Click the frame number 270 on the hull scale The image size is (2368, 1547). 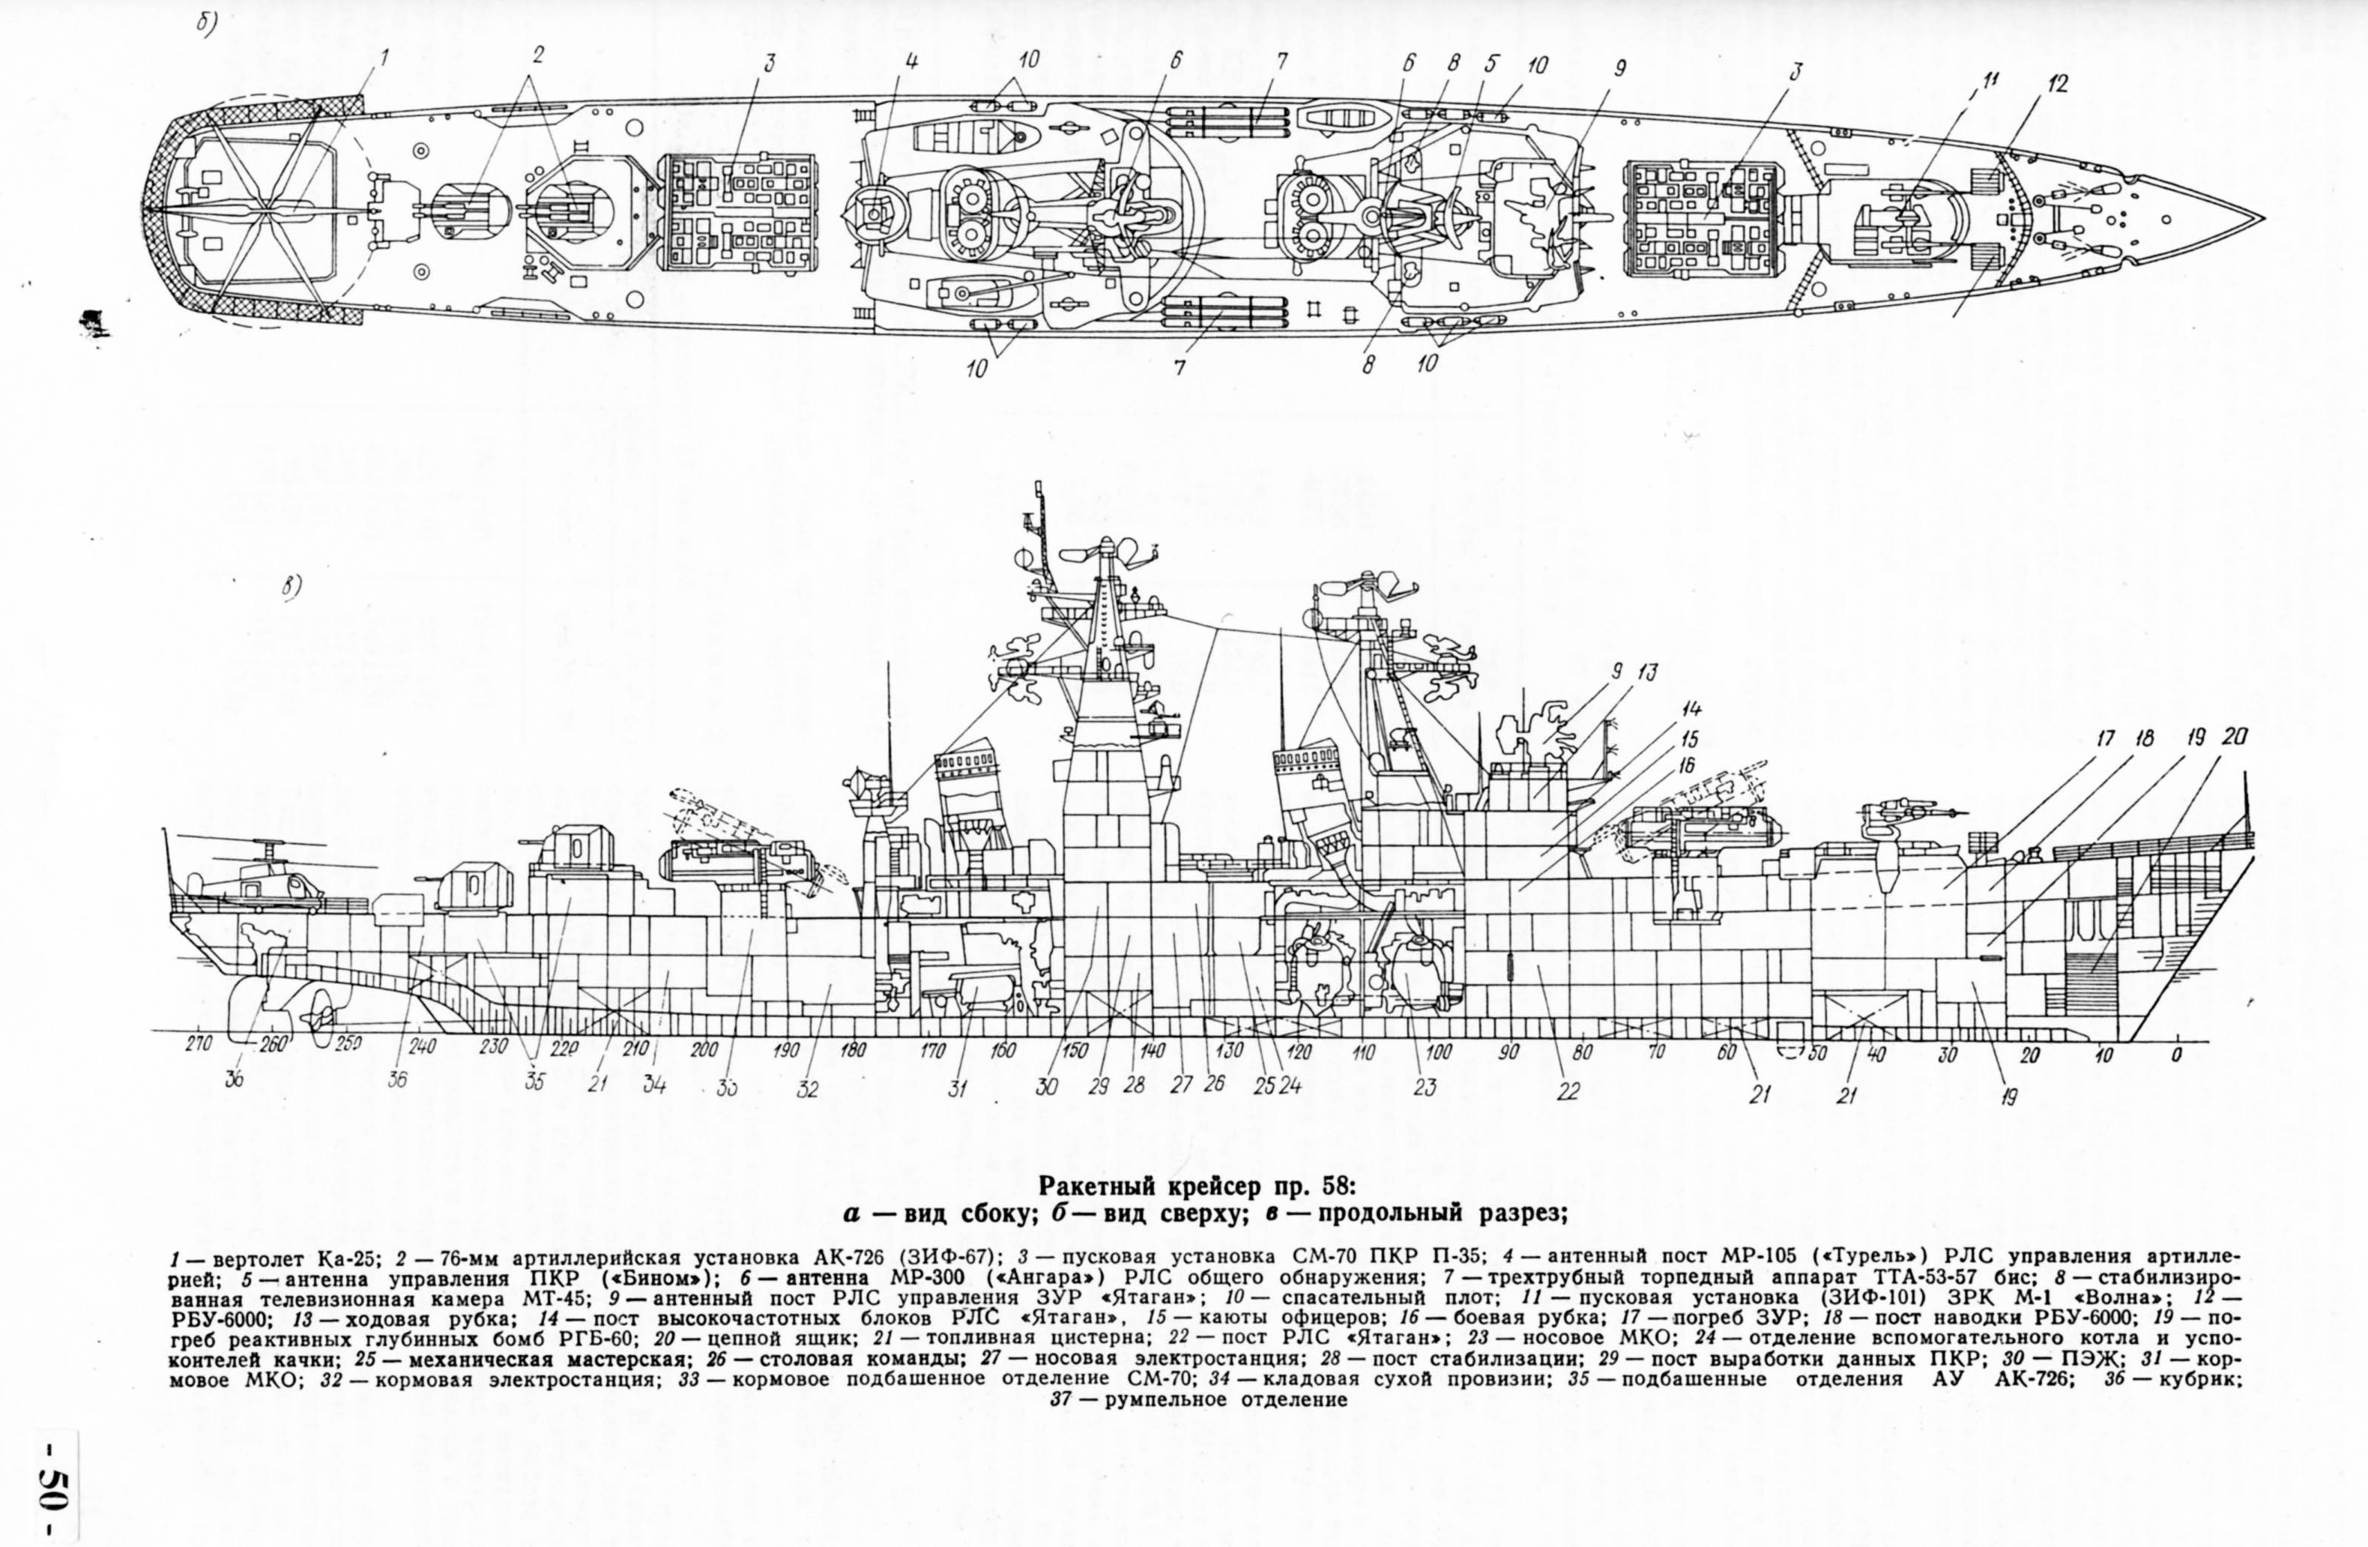[199, 1046]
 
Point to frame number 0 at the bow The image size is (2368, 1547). [2176, 1054]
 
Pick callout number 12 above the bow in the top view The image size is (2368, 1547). [2056, 85]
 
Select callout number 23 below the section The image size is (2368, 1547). [1424, 1088]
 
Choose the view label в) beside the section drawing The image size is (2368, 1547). [291, 588]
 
